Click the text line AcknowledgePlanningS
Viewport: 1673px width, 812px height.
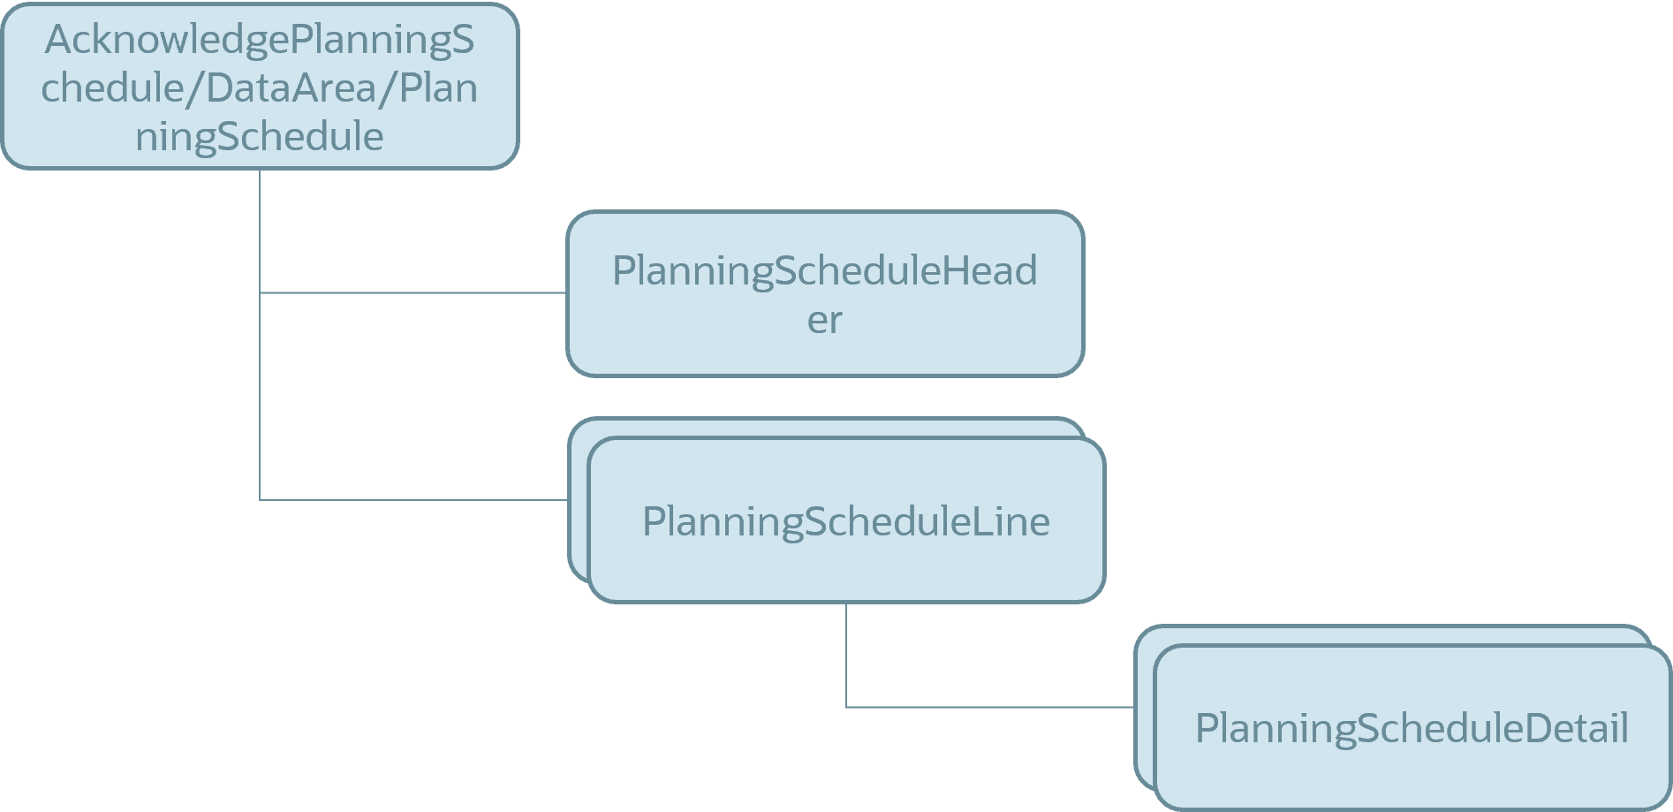tap(260, 40)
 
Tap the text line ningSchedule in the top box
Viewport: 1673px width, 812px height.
tap(260, 136)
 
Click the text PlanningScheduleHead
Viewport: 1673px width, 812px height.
tap(824, 270)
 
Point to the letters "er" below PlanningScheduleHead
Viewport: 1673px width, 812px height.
tap(824, 319)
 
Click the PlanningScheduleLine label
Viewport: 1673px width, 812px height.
tap(845, 521)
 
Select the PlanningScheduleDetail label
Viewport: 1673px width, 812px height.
tap(1412, 728)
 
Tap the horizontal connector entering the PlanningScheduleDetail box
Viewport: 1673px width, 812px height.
tap(989, 707)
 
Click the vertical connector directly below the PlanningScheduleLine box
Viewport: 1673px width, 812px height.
tap(846, 654)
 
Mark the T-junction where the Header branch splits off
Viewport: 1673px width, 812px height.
tap(260, 292)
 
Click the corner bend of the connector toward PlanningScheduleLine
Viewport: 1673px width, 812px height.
tap(260, 500)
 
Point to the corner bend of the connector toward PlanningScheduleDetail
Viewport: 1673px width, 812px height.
tap(846, 707)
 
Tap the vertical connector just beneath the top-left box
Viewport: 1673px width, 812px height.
tap(260, 230)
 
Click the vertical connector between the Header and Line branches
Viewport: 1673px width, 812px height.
tap(260, 398)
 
